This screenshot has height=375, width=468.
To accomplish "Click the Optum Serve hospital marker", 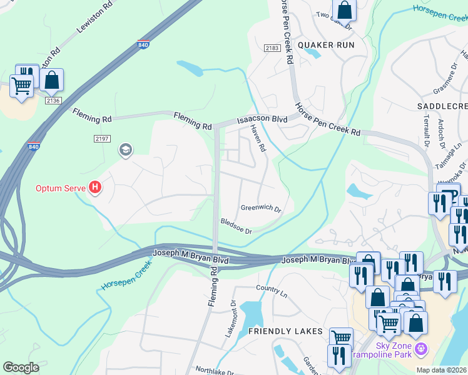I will (95, 187).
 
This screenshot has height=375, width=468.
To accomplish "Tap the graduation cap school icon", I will (125, 150).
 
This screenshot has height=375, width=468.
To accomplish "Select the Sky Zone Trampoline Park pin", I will (422, 347).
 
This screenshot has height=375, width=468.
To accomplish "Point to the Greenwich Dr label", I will (260, 208).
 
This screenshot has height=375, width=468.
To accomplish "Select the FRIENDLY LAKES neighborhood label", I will (285, 331).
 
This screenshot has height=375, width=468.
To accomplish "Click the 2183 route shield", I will (272, 47).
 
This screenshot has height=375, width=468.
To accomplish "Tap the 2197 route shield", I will (101, 138).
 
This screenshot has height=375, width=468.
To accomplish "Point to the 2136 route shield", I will (53, 101).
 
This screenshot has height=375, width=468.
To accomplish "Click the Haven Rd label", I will (258, 139).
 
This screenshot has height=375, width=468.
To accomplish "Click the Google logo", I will (21, 367).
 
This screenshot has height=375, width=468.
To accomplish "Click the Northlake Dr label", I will (215, 371).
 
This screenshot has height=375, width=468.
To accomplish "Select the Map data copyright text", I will (441, 370).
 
